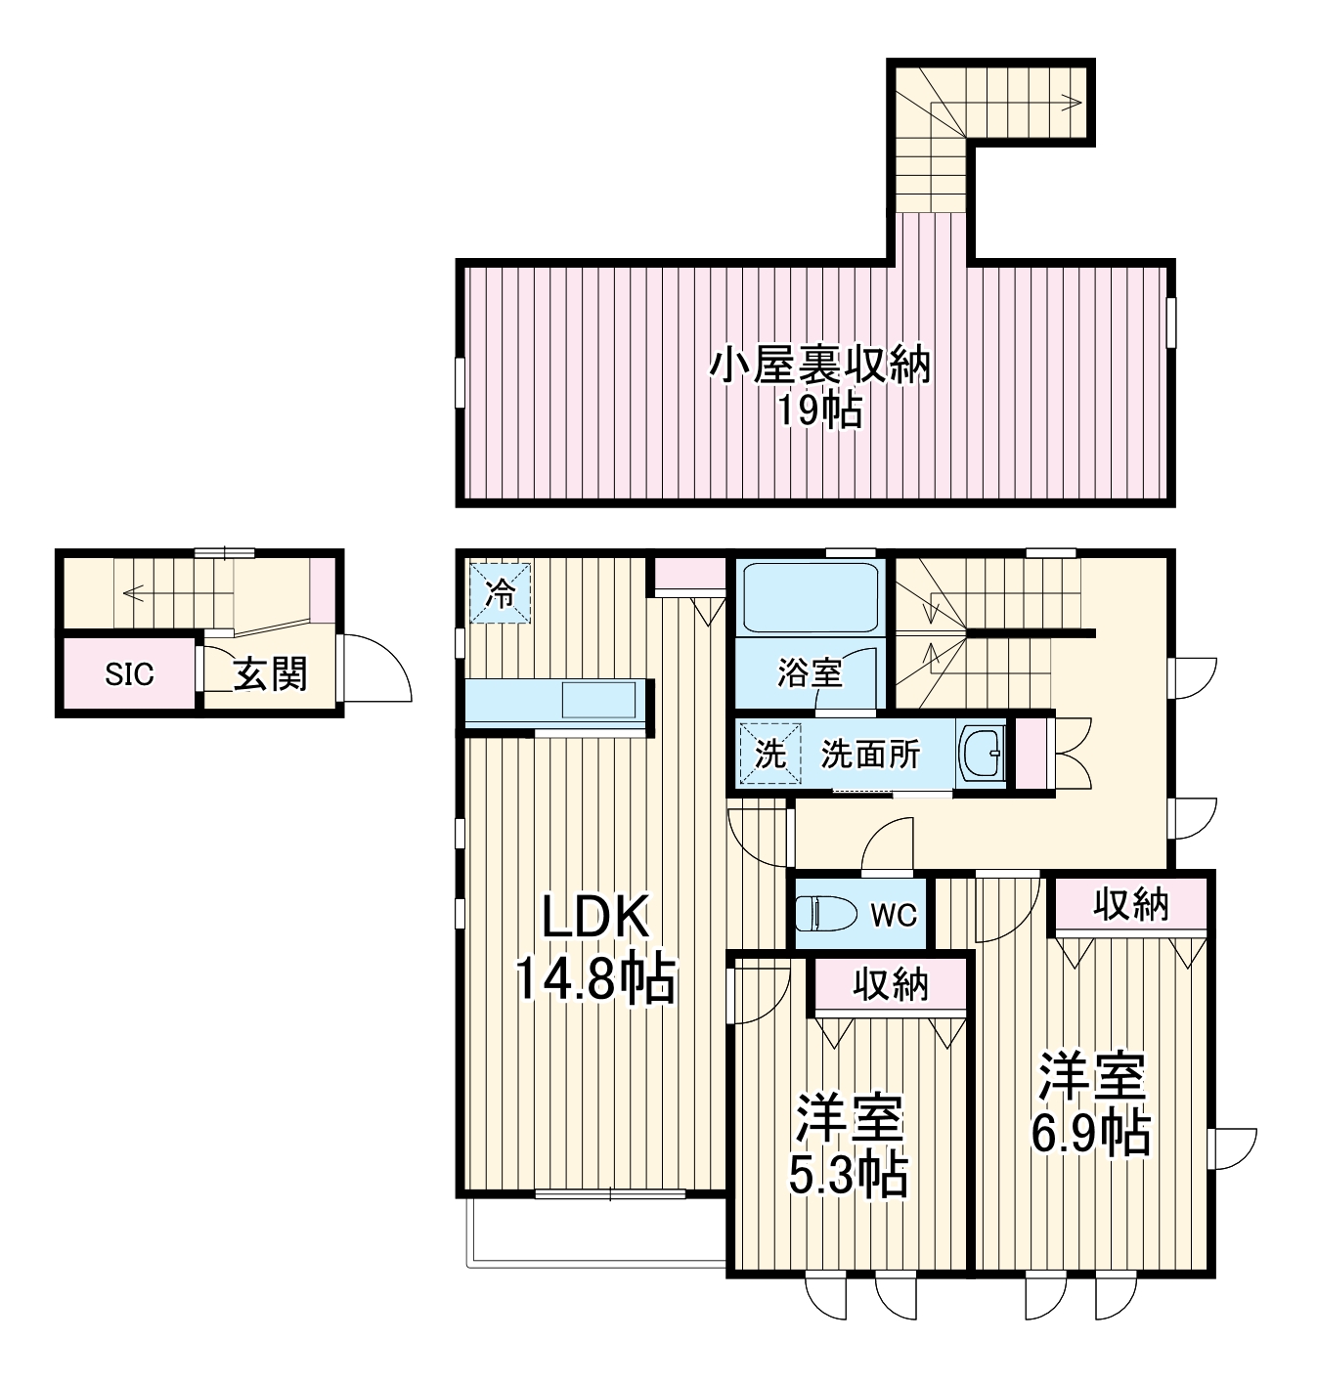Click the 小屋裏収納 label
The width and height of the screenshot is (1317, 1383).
[x=819, y=367]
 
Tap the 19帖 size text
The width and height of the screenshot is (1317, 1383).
[x=819, y=411]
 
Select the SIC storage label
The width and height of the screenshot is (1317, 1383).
[x=130, y=674]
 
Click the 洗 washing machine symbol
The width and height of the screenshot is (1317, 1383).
[x=770, y=755]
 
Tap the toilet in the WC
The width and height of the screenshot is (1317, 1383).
[x=816, y=915]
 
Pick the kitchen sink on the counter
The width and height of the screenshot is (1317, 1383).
[x=596, y=700]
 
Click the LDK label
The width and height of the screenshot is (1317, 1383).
[x=595, y=919]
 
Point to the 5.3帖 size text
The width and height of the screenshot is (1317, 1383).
[x=848, y=1177]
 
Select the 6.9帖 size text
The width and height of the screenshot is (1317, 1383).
[x=1090, y=1134]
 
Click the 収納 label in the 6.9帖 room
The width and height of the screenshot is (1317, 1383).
[x=1130, y=905]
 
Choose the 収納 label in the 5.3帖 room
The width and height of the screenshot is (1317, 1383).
[x=890, y=985]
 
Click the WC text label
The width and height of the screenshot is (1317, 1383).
[x=894, y=915]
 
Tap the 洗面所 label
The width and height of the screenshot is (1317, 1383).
[x=870, y=755]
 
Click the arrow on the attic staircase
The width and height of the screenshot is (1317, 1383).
[x=1072, y=102]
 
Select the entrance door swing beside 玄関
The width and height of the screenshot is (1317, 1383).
[x=375, y=670]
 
